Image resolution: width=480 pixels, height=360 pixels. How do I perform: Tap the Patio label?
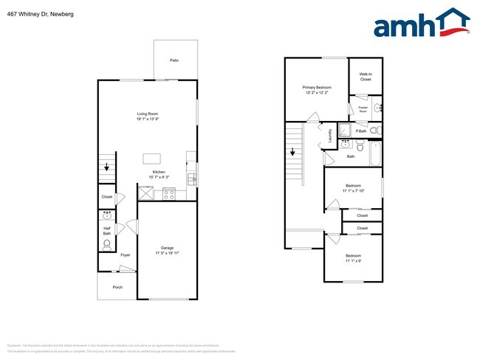point(174,60)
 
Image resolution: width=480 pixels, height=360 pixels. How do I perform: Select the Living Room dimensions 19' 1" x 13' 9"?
point(148,119)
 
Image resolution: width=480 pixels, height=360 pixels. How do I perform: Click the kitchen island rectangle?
point(152,157)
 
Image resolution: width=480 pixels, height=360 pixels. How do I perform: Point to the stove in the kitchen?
point(168,195)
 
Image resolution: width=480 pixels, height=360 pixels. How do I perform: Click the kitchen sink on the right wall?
point(192,179)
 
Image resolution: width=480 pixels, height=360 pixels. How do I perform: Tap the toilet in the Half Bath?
point(107,243)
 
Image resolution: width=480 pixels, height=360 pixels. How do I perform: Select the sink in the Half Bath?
point(107,216)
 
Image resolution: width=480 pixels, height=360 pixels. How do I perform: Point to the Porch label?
point(117,287)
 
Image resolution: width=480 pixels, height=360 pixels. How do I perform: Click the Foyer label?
point(125,255)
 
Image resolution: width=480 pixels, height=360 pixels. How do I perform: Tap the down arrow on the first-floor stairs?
point(108,167)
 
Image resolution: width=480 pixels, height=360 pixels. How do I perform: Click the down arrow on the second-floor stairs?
point(294,153)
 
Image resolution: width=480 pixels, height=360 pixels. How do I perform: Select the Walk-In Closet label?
point(366,77)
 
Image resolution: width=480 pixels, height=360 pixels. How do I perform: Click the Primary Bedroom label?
point(318,90)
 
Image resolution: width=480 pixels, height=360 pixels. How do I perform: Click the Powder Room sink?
point(377,108)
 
